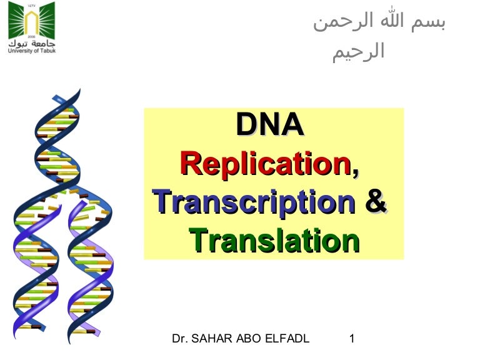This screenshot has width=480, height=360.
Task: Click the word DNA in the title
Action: (x=270, y=124)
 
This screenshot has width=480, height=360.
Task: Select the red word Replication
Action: (x=265, y=164)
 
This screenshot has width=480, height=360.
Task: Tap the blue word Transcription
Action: (x=254, y=202)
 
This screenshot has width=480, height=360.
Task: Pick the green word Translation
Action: (x=274, y=240)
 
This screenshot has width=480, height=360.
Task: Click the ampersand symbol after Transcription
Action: (x=376, y=201)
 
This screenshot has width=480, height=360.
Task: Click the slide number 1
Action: (x=352, y=339)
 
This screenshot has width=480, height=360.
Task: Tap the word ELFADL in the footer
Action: (x=287, y=339)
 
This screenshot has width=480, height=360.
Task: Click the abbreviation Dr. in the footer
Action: (x=180, y=339)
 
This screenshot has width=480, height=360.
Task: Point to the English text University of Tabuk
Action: (x=32, y=51)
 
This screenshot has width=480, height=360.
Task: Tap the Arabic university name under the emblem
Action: (x=32, y=43)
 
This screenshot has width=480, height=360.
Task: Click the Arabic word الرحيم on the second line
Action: (x=359, y=52)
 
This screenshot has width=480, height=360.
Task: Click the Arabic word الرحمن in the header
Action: (x=344, y=22)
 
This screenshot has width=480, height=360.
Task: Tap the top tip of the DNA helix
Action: (x=80, y=89)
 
